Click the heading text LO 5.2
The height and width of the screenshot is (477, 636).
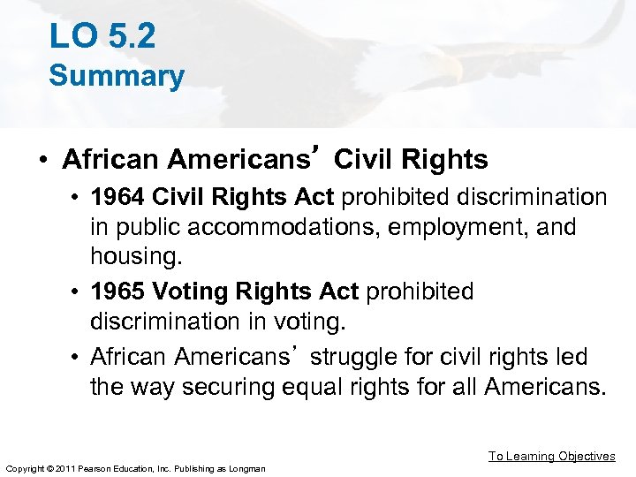click(x=102, y=35)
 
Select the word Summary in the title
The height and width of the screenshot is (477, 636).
click(x=117, y=76)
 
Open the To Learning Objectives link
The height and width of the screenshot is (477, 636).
click(x=551, y=456)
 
